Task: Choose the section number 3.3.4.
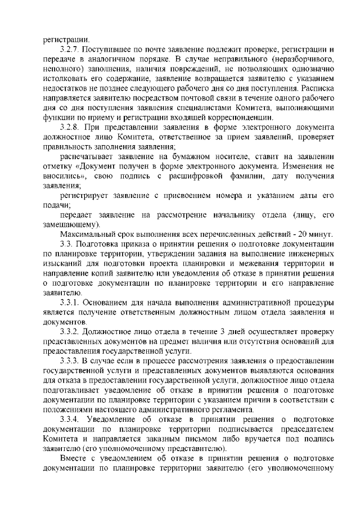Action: point(73,420)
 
